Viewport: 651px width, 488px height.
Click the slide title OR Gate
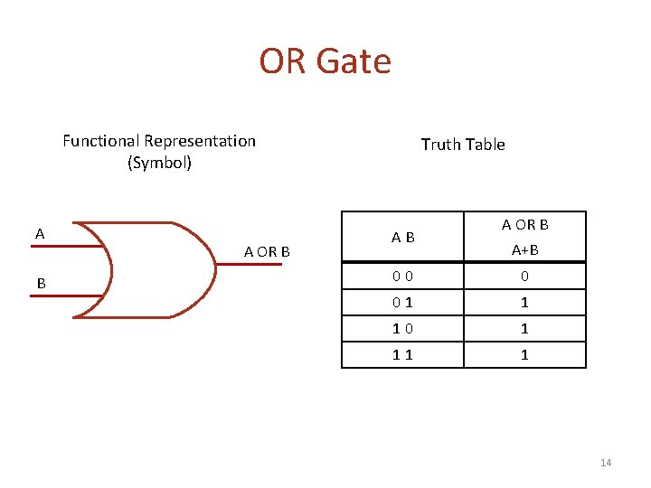325,61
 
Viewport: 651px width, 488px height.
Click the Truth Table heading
463,145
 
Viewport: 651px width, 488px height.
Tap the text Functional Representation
159,141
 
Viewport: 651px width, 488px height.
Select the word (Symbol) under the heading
159,164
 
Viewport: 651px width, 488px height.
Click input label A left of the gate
40,234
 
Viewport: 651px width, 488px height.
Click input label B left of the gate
41,284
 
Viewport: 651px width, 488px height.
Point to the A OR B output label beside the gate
267,251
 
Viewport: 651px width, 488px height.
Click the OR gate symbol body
154,269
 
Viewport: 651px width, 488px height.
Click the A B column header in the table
403,238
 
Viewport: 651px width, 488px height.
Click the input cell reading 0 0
403,277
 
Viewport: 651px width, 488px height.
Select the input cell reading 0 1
403,303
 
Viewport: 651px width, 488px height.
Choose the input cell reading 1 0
403,329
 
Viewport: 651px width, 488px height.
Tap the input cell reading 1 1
403,355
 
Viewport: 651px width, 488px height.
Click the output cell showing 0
524,277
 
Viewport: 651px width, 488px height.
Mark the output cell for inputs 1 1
524,355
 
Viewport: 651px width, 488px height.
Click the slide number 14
606,464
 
